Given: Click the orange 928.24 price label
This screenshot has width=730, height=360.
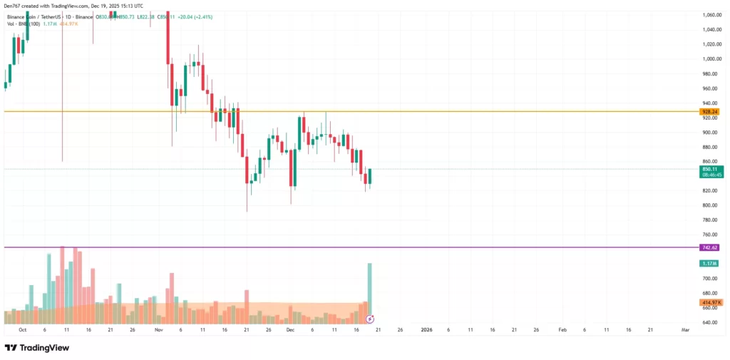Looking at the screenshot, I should [709, 112].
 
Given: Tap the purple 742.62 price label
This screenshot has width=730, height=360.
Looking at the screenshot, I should [709, 247].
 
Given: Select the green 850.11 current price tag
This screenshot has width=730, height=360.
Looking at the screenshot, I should [709, 169].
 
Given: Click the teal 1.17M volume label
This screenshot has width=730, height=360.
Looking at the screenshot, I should [709, 263].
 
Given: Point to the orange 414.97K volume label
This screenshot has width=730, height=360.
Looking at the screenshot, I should [711, 302].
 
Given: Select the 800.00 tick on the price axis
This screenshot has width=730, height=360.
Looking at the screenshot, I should [710, 205].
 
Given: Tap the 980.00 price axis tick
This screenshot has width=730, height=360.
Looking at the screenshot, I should [710, 74].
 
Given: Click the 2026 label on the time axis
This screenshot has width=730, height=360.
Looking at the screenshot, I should [426, 330].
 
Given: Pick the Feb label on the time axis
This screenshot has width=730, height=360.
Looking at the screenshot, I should [562, 330].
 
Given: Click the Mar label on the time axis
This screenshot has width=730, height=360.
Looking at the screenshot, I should [685, 330].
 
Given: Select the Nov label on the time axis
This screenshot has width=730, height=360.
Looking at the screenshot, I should [158, 330].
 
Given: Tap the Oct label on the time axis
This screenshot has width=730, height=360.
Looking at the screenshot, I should [22, 330].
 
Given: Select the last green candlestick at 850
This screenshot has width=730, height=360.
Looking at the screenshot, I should [370, 176].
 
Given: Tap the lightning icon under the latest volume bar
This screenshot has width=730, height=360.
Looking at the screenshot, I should [369, 319].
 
